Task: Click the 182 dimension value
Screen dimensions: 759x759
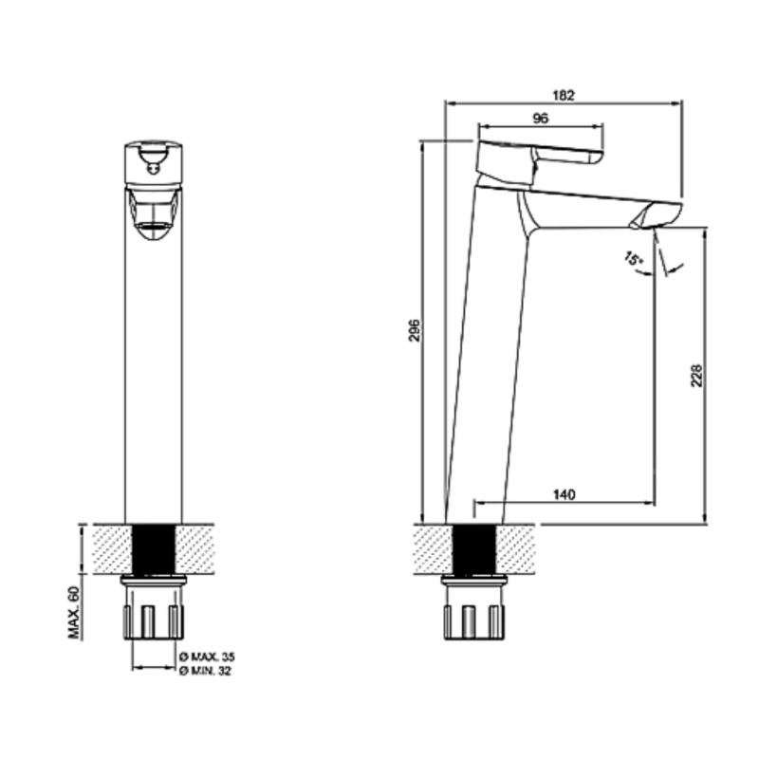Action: (x=565, y=95)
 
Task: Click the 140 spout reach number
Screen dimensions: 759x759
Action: (x=564, y=494)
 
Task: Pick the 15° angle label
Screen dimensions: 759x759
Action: (x=633, y=257)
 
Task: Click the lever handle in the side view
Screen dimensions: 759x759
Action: (x=541, y=157)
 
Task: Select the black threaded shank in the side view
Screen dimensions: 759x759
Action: (x=472, y=547)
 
